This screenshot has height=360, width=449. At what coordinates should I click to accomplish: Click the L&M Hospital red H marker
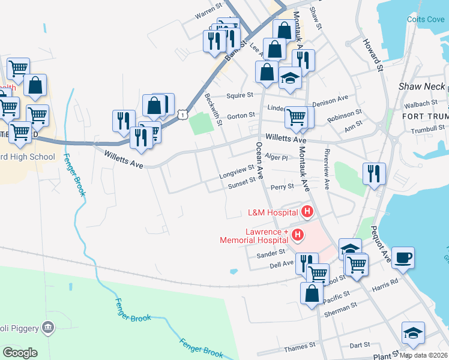[307, 212]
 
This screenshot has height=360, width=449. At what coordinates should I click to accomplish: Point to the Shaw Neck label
[422, 87]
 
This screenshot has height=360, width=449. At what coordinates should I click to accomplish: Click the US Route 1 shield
[184, 113]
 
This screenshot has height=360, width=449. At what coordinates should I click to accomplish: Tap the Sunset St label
[241, 187]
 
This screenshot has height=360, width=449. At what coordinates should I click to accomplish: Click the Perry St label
[282, 187]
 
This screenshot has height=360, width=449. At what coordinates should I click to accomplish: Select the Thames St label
[300, 346]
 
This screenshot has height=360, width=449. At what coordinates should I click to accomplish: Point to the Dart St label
[360, 346]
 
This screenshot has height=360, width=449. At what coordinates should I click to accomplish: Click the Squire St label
[240, 95]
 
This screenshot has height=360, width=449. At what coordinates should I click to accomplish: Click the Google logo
[20, 352]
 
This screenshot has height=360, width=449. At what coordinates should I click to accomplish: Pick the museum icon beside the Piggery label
[49, 328]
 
